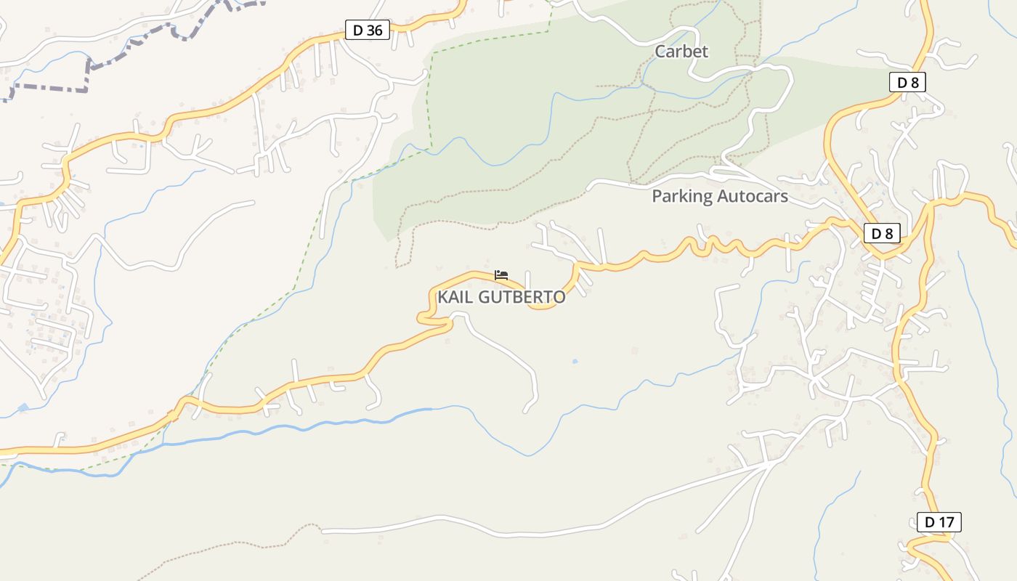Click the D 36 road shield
(x=368, y=31)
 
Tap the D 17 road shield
(x=939, y=521)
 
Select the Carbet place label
(x=681, y=52)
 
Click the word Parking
(x=681, y=196)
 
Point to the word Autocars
(x=752, y=196)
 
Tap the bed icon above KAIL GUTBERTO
(x=501, y=275)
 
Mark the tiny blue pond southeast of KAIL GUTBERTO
(x=575, y=361)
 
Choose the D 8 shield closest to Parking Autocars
(x=882, y=233)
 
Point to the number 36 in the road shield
(x=375, y=31)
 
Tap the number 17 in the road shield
(x=946, y=521)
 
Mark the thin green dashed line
(x=429, y=102)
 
